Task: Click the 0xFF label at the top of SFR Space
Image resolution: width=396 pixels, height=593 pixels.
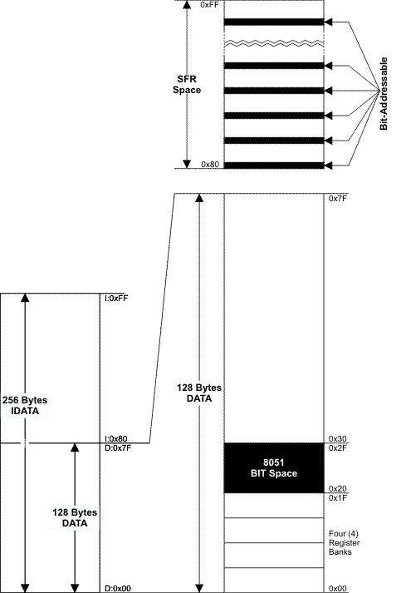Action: (209, 5)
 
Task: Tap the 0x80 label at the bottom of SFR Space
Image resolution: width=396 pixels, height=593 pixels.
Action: (209, 165)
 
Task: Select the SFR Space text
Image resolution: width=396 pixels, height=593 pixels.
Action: (187, 85)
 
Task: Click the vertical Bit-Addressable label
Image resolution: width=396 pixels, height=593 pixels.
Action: (384, 94)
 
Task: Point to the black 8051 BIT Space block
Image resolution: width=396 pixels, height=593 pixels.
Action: (274, 467)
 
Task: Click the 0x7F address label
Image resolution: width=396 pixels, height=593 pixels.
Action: (338, 198)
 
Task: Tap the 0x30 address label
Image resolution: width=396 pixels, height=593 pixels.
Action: (338, 438)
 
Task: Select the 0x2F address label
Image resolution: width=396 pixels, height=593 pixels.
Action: (338, 448)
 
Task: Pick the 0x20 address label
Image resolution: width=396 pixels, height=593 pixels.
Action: (338, 488)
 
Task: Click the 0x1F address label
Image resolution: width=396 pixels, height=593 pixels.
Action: (338, 498)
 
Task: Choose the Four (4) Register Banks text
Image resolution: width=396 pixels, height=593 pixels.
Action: (344, 543)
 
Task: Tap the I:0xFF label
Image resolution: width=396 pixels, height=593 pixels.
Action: (116, 299)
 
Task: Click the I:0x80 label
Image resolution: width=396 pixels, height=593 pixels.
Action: (116, 438)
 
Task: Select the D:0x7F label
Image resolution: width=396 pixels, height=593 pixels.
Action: (118, 448)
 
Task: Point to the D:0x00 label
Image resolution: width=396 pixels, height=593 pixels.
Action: (118, 589)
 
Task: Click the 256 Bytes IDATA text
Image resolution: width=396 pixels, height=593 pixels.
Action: (25, 405)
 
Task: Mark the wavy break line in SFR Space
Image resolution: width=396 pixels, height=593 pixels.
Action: (274, 42)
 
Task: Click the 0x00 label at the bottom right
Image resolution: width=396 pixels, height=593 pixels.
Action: (338, 589)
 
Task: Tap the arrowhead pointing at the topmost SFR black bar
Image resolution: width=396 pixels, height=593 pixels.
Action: (329, 22)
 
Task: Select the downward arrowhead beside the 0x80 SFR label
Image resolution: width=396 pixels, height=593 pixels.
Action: (187, 164)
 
